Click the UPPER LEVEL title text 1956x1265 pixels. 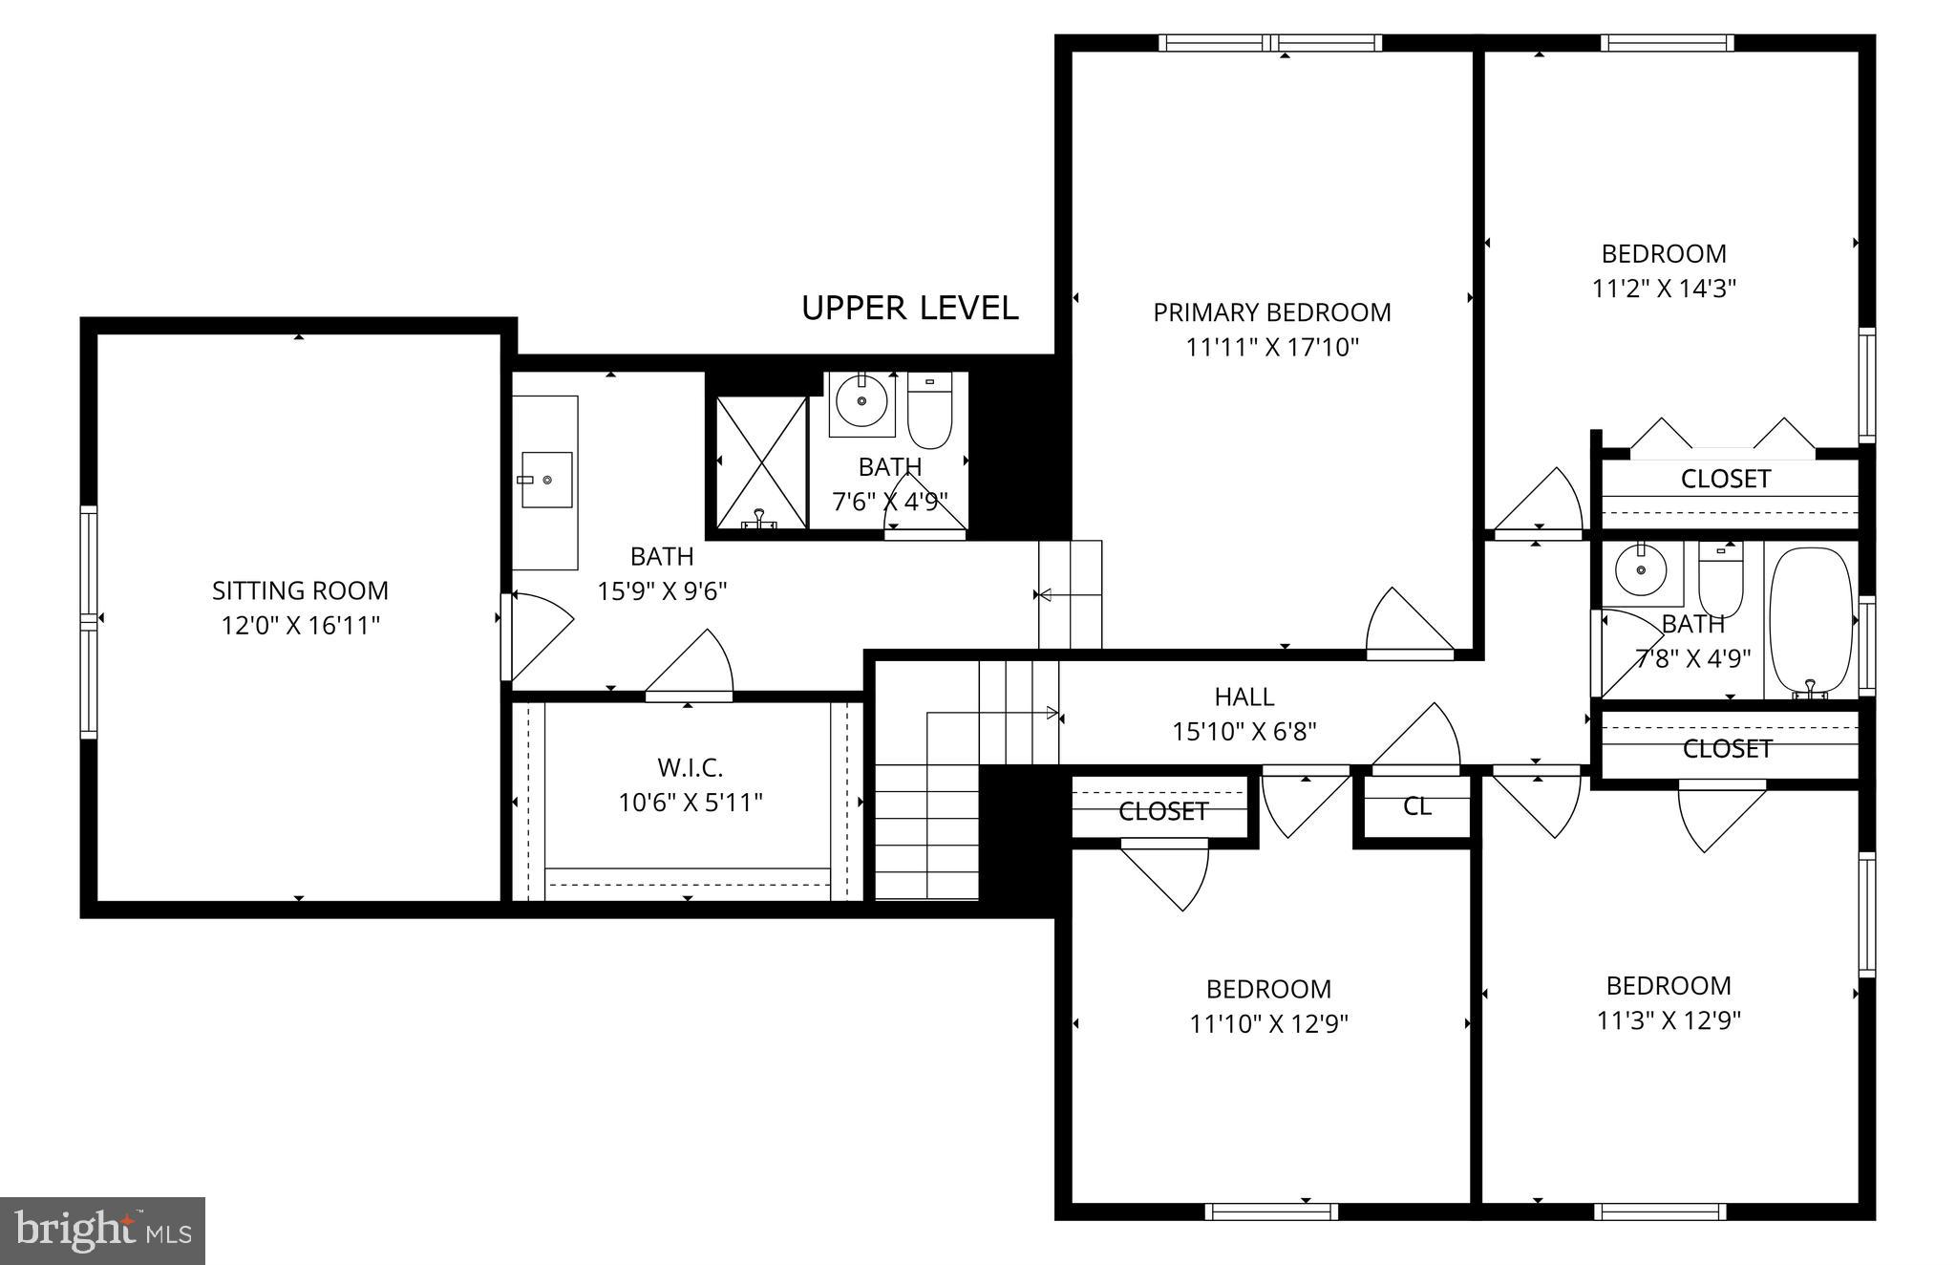(x=909, y=309)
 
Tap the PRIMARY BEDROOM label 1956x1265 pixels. (x=1271, y=312)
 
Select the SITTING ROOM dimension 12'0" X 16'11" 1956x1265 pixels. (x=301, y=626)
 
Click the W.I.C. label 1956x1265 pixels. (x=690, y=767)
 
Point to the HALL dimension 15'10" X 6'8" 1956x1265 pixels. (x=1244, y=732)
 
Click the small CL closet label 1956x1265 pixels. (x=1416, y=806)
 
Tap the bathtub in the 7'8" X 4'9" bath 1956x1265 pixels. (x=1810, y=618)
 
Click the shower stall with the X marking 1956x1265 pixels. (x=760, y=462)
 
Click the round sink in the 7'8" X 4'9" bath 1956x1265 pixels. (x=1641, y=571)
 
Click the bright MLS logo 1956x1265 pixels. (x=102, y=1231)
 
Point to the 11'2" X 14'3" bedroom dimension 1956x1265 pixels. (x=1663, y=289)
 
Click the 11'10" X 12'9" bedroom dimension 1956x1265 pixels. (x=1268, y=1024)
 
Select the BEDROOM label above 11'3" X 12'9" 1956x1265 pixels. (x=1668, y=986)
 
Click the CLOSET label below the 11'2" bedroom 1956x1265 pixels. (x=1725, y=479)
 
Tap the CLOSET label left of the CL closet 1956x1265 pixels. (x=1162, y=811)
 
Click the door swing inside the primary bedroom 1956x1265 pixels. (x=1409, y=624)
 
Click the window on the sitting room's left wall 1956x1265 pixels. (x=88, y=622)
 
